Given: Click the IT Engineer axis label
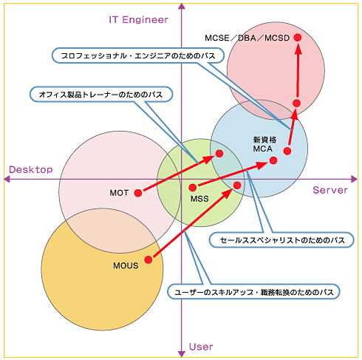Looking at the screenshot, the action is (x=138, y=20).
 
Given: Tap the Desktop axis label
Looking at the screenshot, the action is (x=31, y=169).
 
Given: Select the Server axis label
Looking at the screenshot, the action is (x=330, y=190).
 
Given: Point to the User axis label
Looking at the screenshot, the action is (x=201, y=347).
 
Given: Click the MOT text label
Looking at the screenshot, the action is (x=119, y=193).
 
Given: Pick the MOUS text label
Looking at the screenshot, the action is (x=126, y=265).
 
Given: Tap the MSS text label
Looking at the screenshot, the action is (x=199, y=199).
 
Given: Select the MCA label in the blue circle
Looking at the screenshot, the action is (x=263, y=149).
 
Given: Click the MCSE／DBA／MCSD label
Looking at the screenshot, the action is (x=247, y=38).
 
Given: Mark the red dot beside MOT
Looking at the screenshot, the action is (x=138, y=193).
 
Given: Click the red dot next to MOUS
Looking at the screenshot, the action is (x=148, y=259).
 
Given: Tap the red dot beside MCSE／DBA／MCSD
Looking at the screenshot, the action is (x=298, y=38).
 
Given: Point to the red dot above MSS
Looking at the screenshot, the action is (x=193, y=188).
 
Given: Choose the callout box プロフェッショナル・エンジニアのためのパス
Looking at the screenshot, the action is (x=138, y=55).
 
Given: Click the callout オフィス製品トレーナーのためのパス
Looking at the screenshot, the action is (x=101, y=95).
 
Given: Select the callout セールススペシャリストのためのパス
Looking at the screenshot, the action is (x=281, y=240).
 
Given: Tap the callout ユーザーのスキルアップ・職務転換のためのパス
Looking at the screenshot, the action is (x=253, y=292).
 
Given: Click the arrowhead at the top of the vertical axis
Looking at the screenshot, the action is (x=182, y=7).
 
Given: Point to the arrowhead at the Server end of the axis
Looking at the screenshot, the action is (x=354, y=179).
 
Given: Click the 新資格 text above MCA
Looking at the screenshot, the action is (x=264, y=140).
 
